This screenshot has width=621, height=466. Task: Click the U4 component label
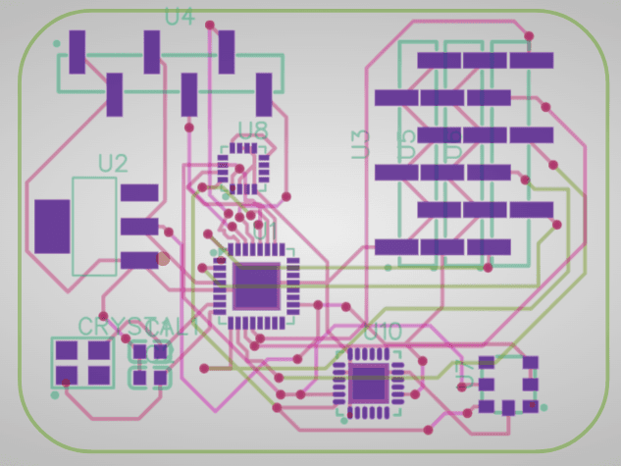click(x=180, y=17)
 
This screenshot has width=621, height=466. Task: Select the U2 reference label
click(x=113, y=164)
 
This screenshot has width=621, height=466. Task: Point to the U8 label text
click(x=253, y=129)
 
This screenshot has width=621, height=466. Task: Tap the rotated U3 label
click(x=360, y=144)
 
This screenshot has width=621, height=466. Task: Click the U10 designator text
click(x=383, y=333)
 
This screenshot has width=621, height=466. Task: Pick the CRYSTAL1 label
click(x=137, y=326)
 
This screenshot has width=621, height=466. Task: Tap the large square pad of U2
click(x=52, y=226)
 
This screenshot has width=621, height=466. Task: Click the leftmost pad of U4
click(x=78, y=52)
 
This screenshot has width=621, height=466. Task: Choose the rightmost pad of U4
click(x=264, y=94)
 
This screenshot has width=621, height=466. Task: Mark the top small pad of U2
click(x=139, y=192)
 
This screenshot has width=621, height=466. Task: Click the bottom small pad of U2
click(x=139, y=260)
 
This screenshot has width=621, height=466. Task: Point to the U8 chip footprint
click(x=242, y=168)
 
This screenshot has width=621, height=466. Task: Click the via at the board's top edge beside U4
click(x=210, y=25)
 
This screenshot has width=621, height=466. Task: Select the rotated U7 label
click(x=465, y=373)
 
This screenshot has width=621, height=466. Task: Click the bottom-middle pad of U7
click(x=508, y=406)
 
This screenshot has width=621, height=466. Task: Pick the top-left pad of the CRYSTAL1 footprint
click(x=67, y=350)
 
